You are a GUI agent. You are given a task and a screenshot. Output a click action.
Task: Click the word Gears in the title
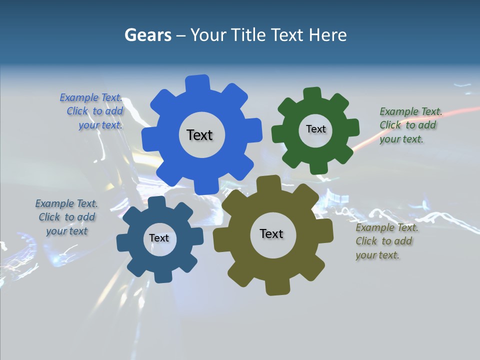[147, 35]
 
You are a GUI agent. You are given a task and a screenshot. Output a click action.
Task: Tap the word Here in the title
[327, 35]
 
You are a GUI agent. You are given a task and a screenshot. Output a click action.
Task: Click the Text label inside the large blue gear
[199, 135]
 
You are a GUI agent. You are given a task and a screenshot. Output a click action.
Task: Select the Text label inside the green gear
[315, 129]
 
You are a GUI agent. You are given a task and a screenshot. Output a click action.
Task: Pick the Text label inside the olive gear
[271, 234]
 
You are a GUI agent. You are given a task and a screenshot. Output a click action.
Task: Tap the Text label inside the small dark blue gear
[158, 238]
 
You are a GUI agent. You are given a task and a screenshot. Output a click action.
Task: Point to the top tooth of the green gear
[312, 94]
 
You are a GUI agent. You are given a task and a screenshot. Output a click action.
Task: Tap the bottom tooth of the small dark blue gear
[162, 276]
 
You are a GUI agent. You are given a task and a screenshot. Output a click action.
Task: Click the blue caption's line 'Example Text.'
[91, 97]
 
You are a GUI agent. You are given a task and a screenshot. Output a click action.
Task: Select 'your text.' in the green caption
[401, 139]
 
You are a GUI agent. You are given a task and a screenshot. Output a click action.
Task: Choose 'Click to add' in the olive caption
[384, 241]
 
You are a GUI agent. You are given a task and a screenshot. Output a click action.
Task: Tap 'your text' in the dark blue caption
[66, 231]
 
